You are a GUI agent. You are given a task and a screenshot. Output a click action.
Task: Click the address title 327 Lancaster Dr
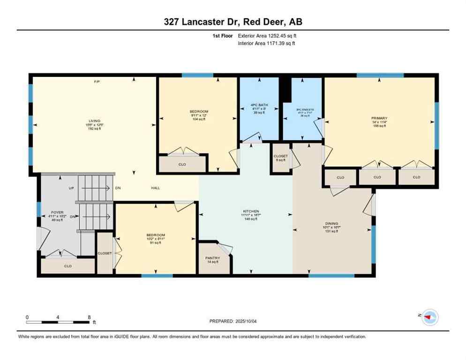(x=233, y=22)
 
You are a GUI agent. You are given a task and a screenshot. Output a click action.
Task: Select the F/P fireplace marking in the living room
(x=97, y=82)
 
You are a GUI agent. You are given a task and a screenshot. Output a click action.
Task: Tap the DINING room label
(x=332, y=224)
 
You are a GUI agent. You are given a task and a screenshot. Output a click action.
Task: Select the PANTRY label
(x=213, y=258)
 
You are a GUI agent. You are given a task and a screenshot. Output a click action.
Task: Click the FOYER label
(x=57, y=212)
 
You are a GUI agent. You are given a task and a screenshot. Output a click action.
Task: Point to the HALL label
(x=156, y=188)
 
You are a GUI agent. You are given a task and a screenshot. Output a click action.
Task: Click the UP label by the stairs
(x=72, y=188)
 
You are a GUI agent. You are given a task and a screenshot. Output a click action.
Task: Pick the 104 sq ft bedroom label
(x=196, y=112)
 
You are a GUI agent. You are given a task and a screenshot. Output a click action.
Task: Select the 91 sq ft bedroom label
(x=155, y=235)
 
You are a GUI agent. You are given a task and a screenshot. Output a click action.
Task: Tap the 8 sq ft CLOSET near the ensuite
(x=281, y=157)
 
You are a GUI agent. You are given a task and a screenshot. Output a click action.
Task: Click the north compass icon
(x=429, y=317)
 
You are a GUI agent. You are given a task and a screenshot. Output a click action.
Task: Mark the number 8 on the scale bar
(x=89, y=317)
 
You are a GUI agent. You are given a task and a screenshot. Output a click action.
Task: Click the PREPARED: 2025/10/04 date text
(x=233, y=321)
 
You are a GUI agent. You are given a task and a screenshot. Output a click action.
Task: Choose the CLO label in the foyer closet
(x=68, y=266)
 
